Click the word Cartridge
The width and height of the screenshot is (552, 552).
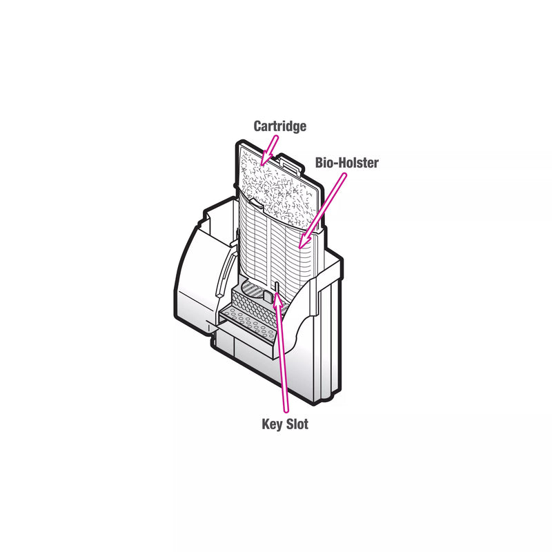tap(280, 126)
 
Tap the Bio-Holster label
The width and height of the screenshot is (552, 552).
tap(347, 163)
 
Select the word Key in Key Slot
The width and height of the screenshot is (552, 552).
tap(272, 424)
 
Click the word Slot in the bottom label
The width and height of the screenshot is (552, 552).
tap(297, 424)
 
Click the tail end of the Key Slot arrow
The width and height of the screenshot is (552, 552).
tap(286, 411)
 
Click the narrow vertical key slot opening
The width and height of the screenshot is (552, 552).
tap(277, 288)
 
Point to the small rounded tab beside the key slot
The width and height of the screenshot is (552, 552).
tap(268, 296)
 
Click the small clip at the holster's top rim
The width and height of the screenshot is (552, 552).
tap(256, 203)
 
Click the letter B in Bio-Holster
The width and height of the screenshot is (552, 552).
tap(319, 163)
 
